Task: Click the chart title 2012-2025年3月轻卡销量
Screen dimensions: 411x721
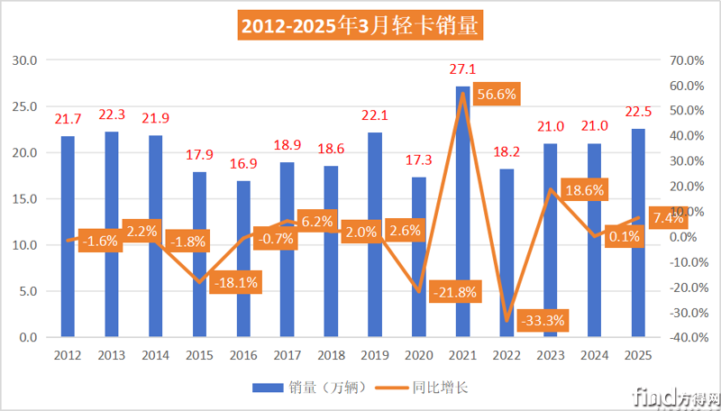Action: click(360, 24)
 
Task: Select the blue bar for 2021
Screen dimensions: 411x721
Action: click(461, 212)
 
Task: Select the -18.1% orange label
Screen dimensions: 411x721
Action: click(236, 283)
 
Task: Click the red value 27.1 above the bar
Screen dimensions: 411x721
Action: click(461, 68)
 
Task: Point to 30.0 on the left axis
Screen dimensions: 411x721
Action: click(24, 60)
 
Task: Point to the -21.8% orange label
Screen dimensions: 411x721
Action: click(454, 291)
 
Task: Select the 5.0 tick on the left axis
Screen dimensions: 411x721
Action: click(27, 291)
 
